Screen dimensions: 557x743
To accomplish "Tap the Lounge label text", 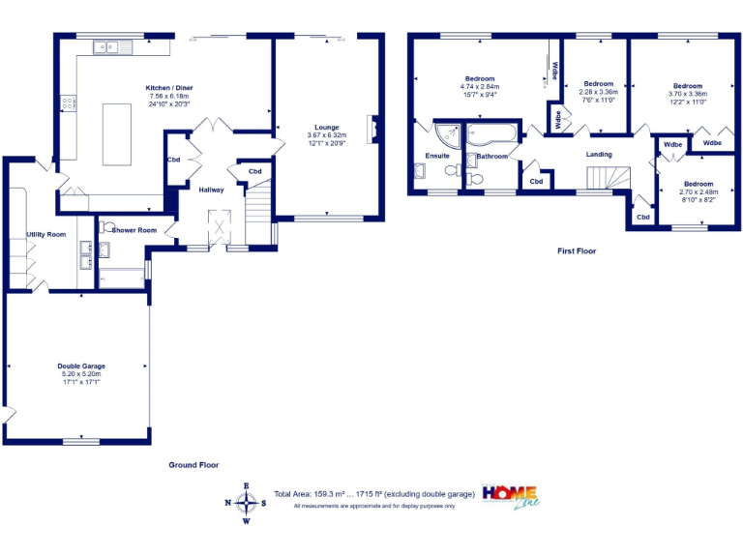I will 322,126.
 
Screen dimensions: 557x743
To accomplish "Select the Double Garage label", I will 81,366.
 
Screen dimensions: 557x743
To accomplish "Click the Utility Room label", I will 45,234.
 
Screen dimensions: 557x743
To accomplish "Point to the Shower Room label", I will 134,230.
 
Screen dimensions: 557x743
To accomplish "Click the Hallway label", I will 211,190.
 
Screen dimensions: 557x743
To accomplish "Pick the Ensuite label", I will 436,156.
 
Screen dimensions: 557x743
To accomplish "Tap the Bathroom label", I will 491,156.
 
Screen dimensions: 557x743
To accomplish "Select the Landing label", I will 599,154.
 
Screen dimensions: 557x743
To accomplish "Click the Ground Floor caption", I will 194,465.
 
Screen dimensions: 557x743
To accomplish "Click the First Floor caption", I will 577,251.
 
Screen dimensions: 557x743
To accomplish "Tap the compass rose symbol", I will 247,503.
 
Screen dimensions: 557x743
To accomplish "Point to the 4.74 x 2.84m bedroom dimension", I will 480,87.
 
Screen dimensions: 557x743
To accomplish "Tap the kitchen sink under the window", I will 106,45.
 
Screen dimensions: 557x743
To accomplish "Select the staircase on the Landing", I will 608,177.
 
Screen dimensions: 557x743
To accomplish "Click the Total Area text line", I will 374,494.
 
